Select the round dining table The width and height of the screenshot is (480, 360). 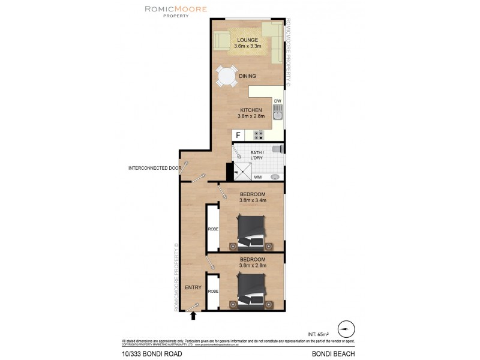[227, 76]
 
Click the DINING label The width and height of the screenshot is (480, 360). [247, 76]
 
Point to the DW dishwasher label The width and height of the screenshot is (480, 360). [278, 100]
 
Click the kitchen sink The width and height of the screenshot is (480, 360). [278, 113]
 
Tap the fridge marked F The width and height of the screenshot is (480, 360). [238, 136]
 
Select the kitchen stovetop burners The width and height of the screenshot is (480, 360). [259, 136]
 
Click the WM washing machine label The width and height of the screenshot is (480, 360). [257, 177]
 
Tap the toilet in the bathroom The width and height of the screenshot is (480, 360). [277, 148]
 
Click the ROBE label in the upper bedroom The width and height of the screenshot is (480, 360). [212, 229]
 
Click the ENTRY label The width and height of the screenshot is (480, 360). [193, 287]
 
